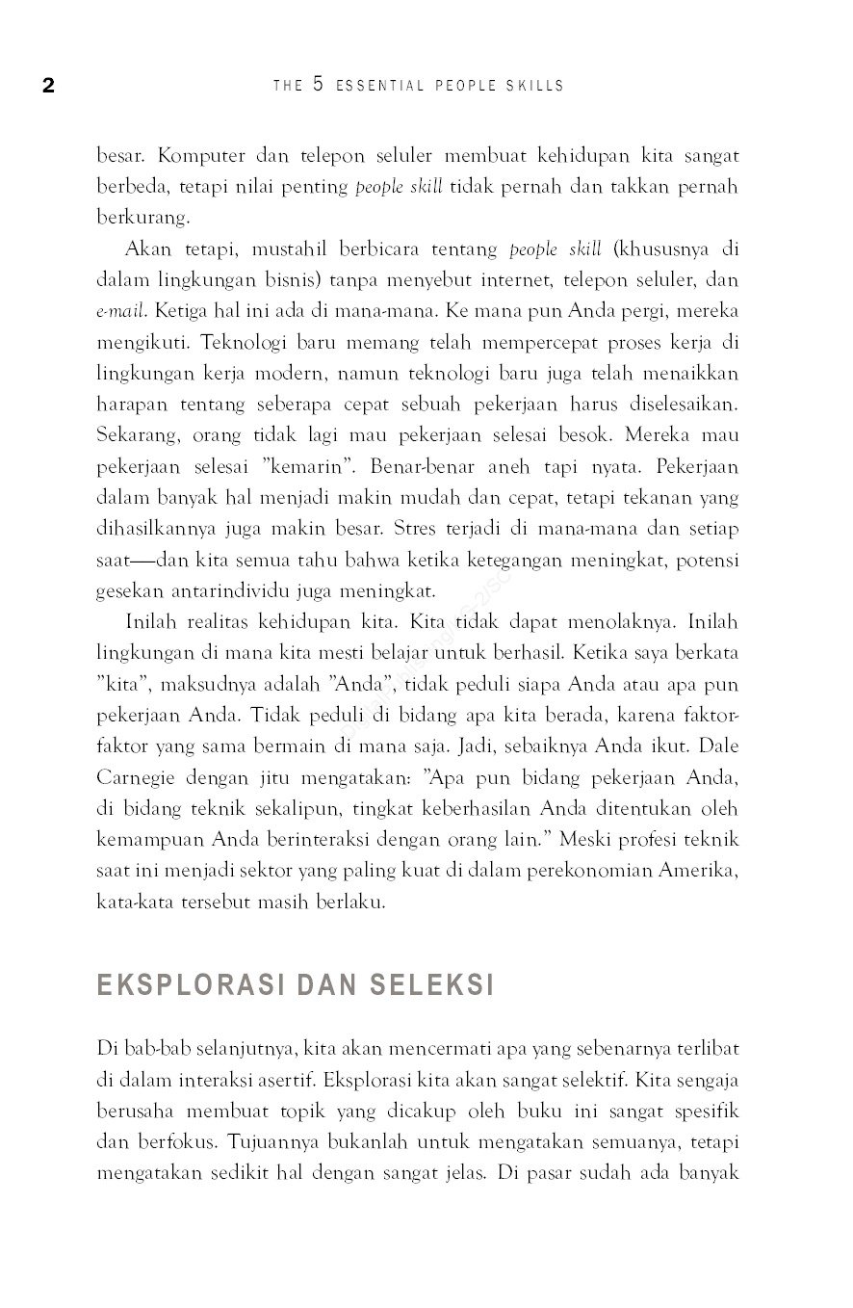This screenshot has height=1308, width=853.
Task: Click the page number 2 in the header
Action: point(48,86)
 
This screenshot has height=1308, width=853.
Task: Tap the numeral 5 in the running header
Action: point(319,85)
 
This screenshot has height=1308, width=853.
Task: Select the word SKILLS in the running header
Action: point(535,86)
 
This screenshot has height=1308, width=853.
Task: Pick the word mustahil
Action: point(290,249)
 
